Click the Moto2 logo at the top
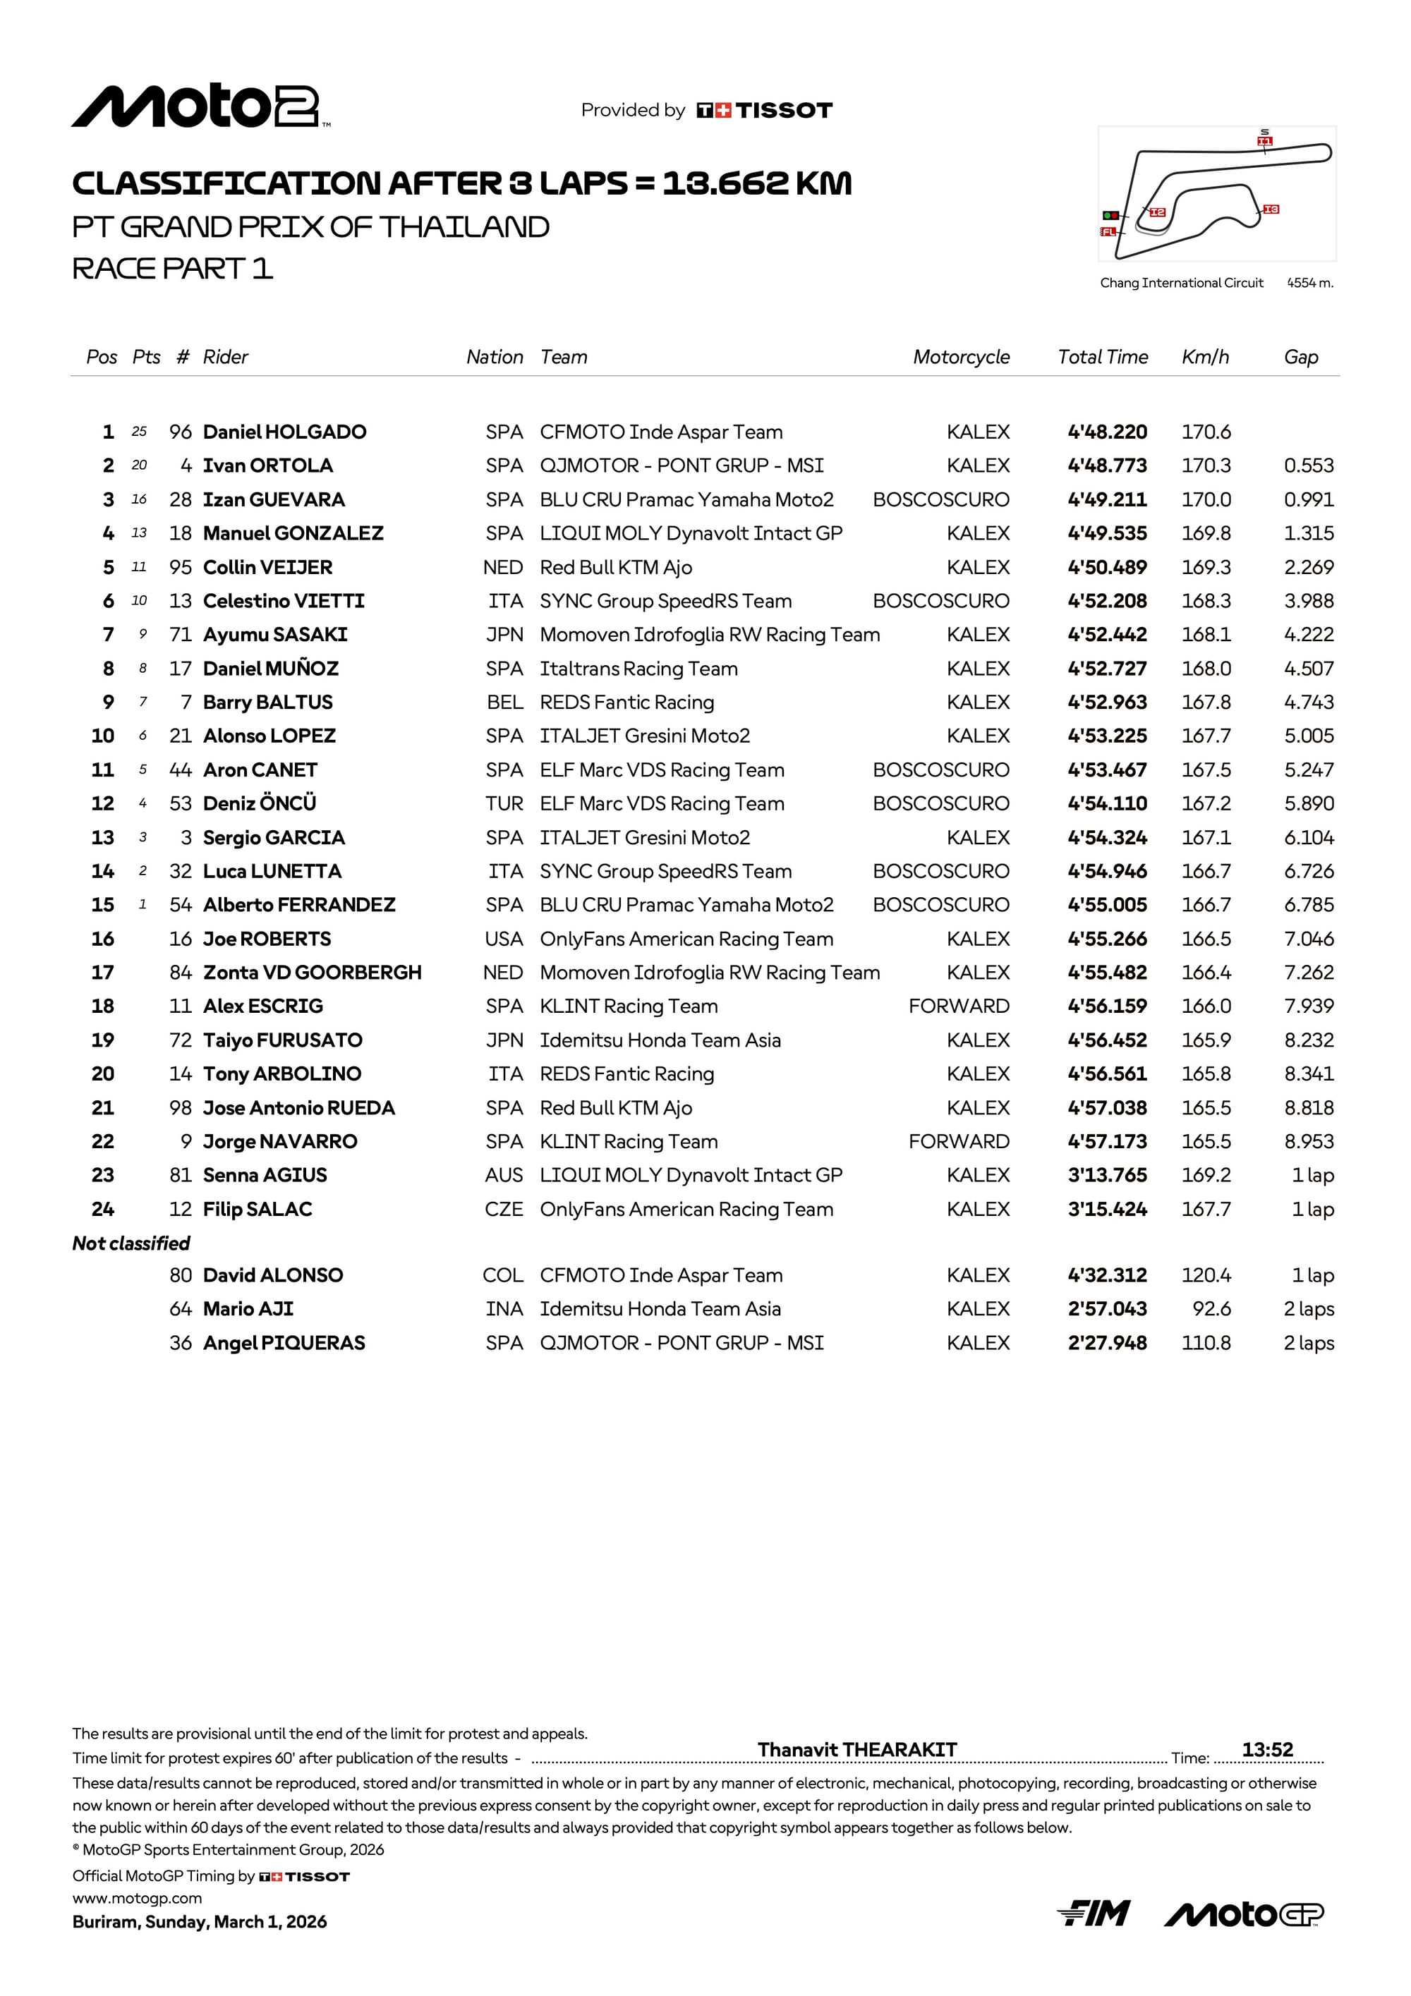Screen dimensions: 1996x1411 (200, 108)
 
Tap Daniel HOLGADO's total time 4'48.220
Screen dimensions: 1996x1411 (1107, 432)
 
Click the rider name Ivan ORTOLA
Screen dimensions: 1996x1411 (268, 466)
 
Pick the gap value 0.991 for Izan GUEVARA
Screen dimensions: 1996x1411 (1309, 500)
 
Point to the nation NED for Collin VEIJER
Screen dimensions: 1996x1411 (502, 568)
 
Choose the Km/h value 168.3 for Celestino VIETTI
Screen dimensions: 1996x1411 (1205, 601)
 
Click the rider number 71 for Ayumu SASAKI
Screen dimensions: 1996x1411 (180, 635)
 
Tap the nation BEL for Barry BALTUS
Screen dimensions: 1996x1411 (504, 702)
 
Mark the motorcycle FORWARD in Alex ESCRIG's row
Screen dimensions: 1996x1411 (958, 1006)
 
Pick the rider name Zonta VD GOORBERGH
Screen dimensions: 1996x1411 (312, 972)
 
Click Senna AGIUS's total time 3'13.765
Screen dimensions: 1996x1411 (1107, 1175)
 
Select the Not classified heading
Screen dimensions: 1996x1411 (131, 1243)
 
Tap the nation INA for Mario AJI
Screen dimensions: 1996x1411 (504, 1309)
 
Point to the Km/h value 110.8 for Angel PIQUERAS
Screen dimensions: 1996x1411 (1205, 1343)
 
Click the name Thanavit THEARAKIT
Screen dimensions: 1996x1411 (856, 1750)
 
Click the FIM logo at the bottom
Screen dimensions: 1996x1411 (1093, 1913)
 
